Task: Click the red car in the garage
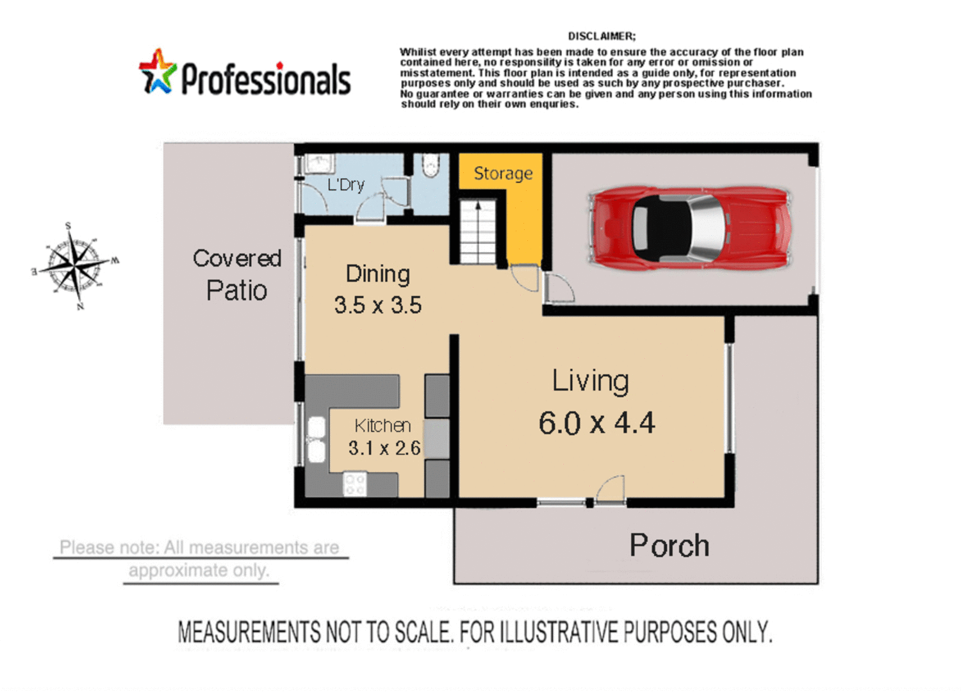click(x=689, y=227)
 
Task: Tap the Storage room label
click(x=503, y=174)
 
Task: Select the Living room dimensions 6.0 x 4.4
click(x=596, y=424)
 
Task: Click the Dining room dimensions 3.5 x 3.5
click(x=377, y=305)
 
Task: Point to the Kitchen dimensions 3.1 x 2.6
click(x=384, y=448)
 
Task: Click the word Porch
click(x=669, y=546)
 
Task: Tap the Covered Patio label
click(x=237, y=275)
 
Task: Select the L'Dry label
click(x=345, y=185)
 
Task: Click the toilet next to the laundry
click(x=431, y=166)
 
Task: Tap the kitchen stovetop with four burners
click(x=354, y=484)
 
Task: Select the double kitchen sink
click(x=316, y=439)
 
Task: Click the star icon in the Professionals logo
click(x=157, y=72)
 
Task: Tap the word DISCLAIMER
click(x=601, y=37)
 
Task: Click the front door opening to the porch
click(x=609, y=492)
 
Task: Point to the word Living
click(x=590, y=381)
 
